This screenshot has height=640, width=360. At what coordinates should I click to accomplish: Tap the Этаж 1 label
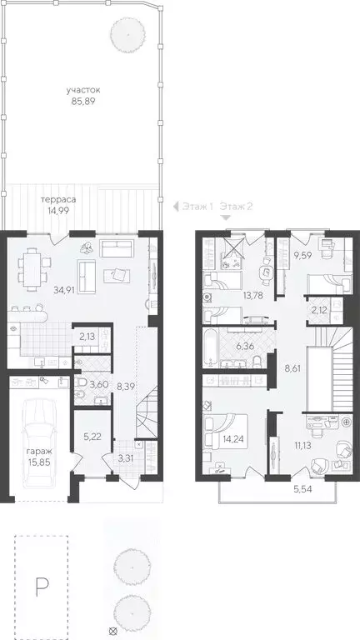point(197,206)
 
